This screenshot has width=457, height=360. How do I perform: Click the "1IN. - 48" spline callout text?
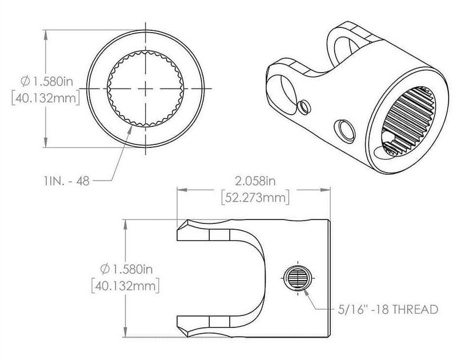pyautogui.click(x=66, y=180)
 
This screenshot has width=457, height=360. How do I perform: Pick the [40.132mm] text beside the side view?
pyautogui.click(x=125, y=284)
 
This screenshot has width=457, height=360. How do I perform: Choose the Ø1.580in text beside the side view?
pyautogui.click(x=125, y=268)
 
